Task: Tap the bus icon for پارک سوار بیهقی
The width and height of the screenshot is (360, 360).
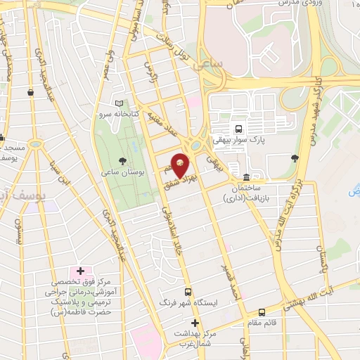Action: click(x=239, y=129)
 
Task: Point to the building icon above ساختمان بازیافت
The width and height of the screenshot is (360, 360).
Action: click(x=246, y=177)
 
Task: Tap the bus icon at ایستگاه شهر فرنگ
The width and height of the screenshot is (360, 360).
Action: click(x=188, y=292)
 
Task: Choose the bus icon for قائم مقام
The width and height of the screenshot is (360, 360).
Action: click(x=262, y=311)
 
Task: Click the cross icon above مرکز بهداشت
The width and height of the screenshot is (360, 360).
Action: click(x=195, y=323)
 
